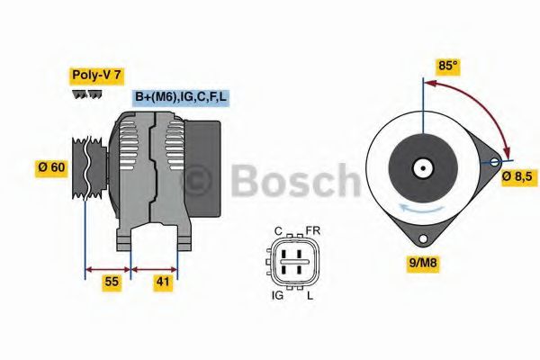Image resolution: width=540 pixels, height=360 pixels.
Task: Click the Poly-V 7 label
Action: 95,75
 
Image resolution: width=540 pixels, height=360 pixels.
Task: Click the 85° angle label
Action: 447,66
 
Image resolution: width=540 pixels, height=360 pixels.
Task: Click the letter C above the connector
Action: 280,230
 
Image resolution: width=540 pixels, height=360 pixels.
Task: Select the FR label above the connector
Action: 312,230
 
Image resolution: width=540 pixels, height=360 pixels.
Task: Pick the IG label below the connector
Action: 278,294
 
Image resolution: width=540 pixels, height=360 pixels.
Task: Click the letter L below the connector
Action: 311,294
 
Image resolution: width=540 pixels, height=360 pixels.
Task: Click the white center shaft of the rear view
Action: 421,167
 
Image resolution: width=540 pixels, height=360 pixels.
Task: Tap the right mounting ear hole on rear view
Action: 493,162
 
